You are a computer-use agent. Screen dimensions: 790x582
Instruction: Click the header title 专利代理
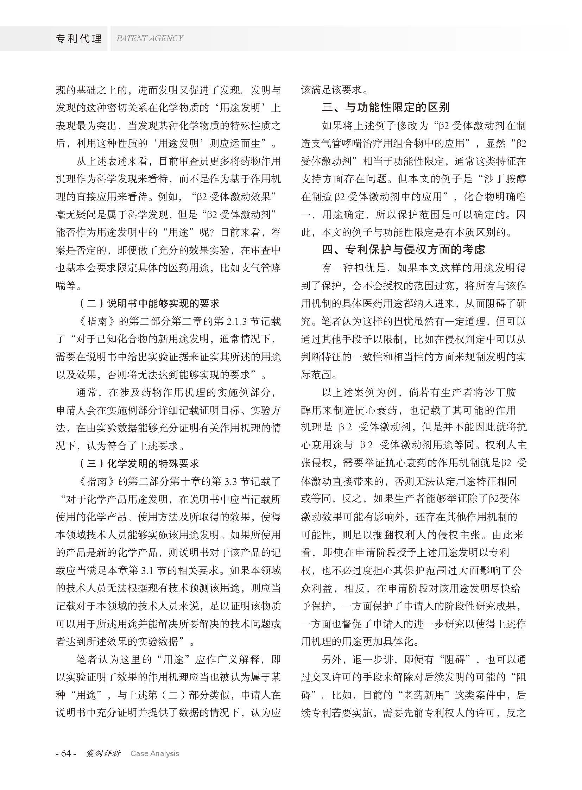coord(78,38)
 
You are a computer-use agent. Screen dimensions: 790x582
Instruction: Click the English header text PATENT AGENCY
coord(150,38)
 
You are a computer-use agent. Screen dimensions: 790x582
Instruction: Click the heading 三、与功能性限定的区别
coord(385,107)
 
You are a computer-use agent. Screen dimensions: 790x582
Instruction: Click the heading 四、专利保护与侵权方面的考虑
coord(403,249)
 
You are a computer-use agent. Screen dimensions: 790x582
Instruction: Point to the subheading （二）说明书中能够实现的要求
coord(148,303)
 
